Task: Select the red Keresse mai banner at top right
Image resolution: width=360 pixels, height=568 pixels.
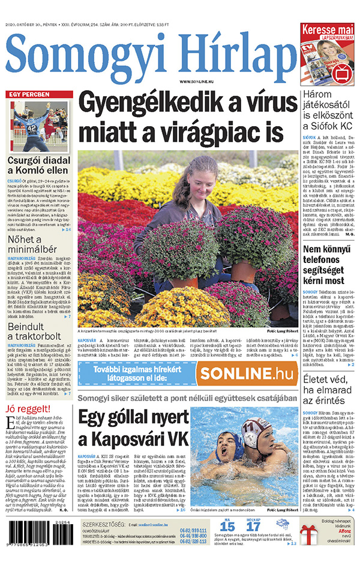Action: [328, 30]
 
